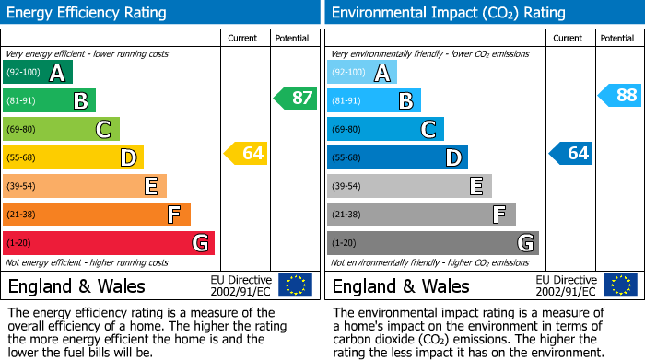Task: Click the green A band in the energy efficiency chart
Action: [37, 73]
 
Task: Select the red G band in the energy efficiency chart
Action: [108, 243]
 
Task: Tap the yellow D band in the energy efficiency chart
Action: [73, 157]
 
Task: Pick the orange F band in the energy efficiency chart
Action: [96, 215]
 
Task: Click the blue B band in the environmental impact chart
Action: [373, 100]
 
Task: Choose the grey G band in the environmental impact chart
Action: [432, 243]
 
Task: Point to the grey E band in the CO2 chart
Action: [408, 186]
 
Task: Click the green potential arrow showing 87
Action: [296, 98]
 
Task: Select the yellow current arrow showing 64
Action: [246, 153]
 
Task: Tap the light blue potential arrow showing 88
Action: [620, 95]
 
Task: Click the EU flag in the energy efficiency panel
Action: [295, 285]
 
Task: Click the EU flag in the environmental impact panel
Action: [619, 285]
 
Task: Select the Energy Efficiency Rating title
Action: [88, 13]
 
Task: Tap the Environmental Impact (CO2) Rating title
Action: [448, 13]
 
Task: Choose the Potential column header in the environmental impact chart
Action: [616, 38]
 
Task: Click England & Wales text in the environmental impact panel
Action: [401, 285]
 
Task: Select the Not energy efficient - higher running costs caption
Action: [88, 262]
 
